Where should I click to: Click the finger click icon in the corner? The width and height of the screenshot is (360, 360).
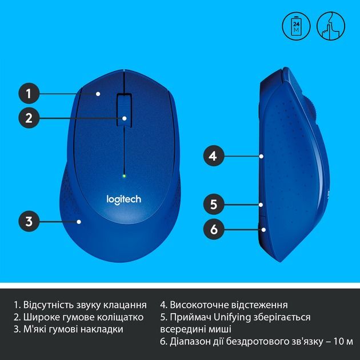coord(331,26)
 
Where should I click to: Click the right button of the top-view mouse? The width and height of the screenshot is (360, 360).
coord(151,114)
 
